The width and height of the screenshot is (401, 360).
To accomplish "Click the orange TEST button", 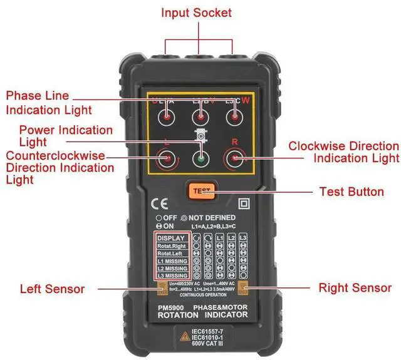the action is pos(200,190).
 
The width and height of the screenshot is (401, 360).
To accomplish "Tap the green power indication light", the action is pos(200,159).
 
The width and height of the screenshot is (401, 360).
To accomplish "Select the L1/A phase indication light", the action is pos(167,117).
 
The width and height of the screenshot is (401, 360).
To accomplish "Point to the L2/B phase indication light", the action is pos(200,117).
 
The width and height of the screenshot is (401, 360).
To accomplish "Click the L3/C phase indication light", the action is pos(234,117).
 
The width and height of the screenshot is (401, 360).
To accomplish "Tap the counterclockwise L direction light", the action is pos(166,159).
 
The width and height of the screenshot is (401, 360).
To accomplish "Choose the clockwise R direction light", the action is pos(234,159).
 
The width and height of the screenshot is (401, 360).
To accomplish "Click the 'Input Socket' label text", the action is pos(196,13).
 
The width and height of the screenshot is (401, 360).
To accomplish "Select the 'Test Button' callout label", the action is pos(352,192).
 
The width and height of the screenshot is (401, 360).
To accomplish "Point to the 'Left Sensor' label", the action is pos(52,289).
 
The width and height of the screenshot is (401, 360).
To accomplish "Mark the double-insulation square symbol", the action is pos(241,203).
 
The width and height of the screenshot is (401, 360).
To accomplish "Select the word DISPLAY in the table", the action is pos(171,238).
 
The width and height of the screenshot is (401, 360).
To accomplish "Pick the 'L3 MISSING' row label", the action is pos(171,275).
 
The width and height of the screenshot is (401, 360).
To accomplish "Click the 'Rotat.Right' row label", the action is pos(171,247).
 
